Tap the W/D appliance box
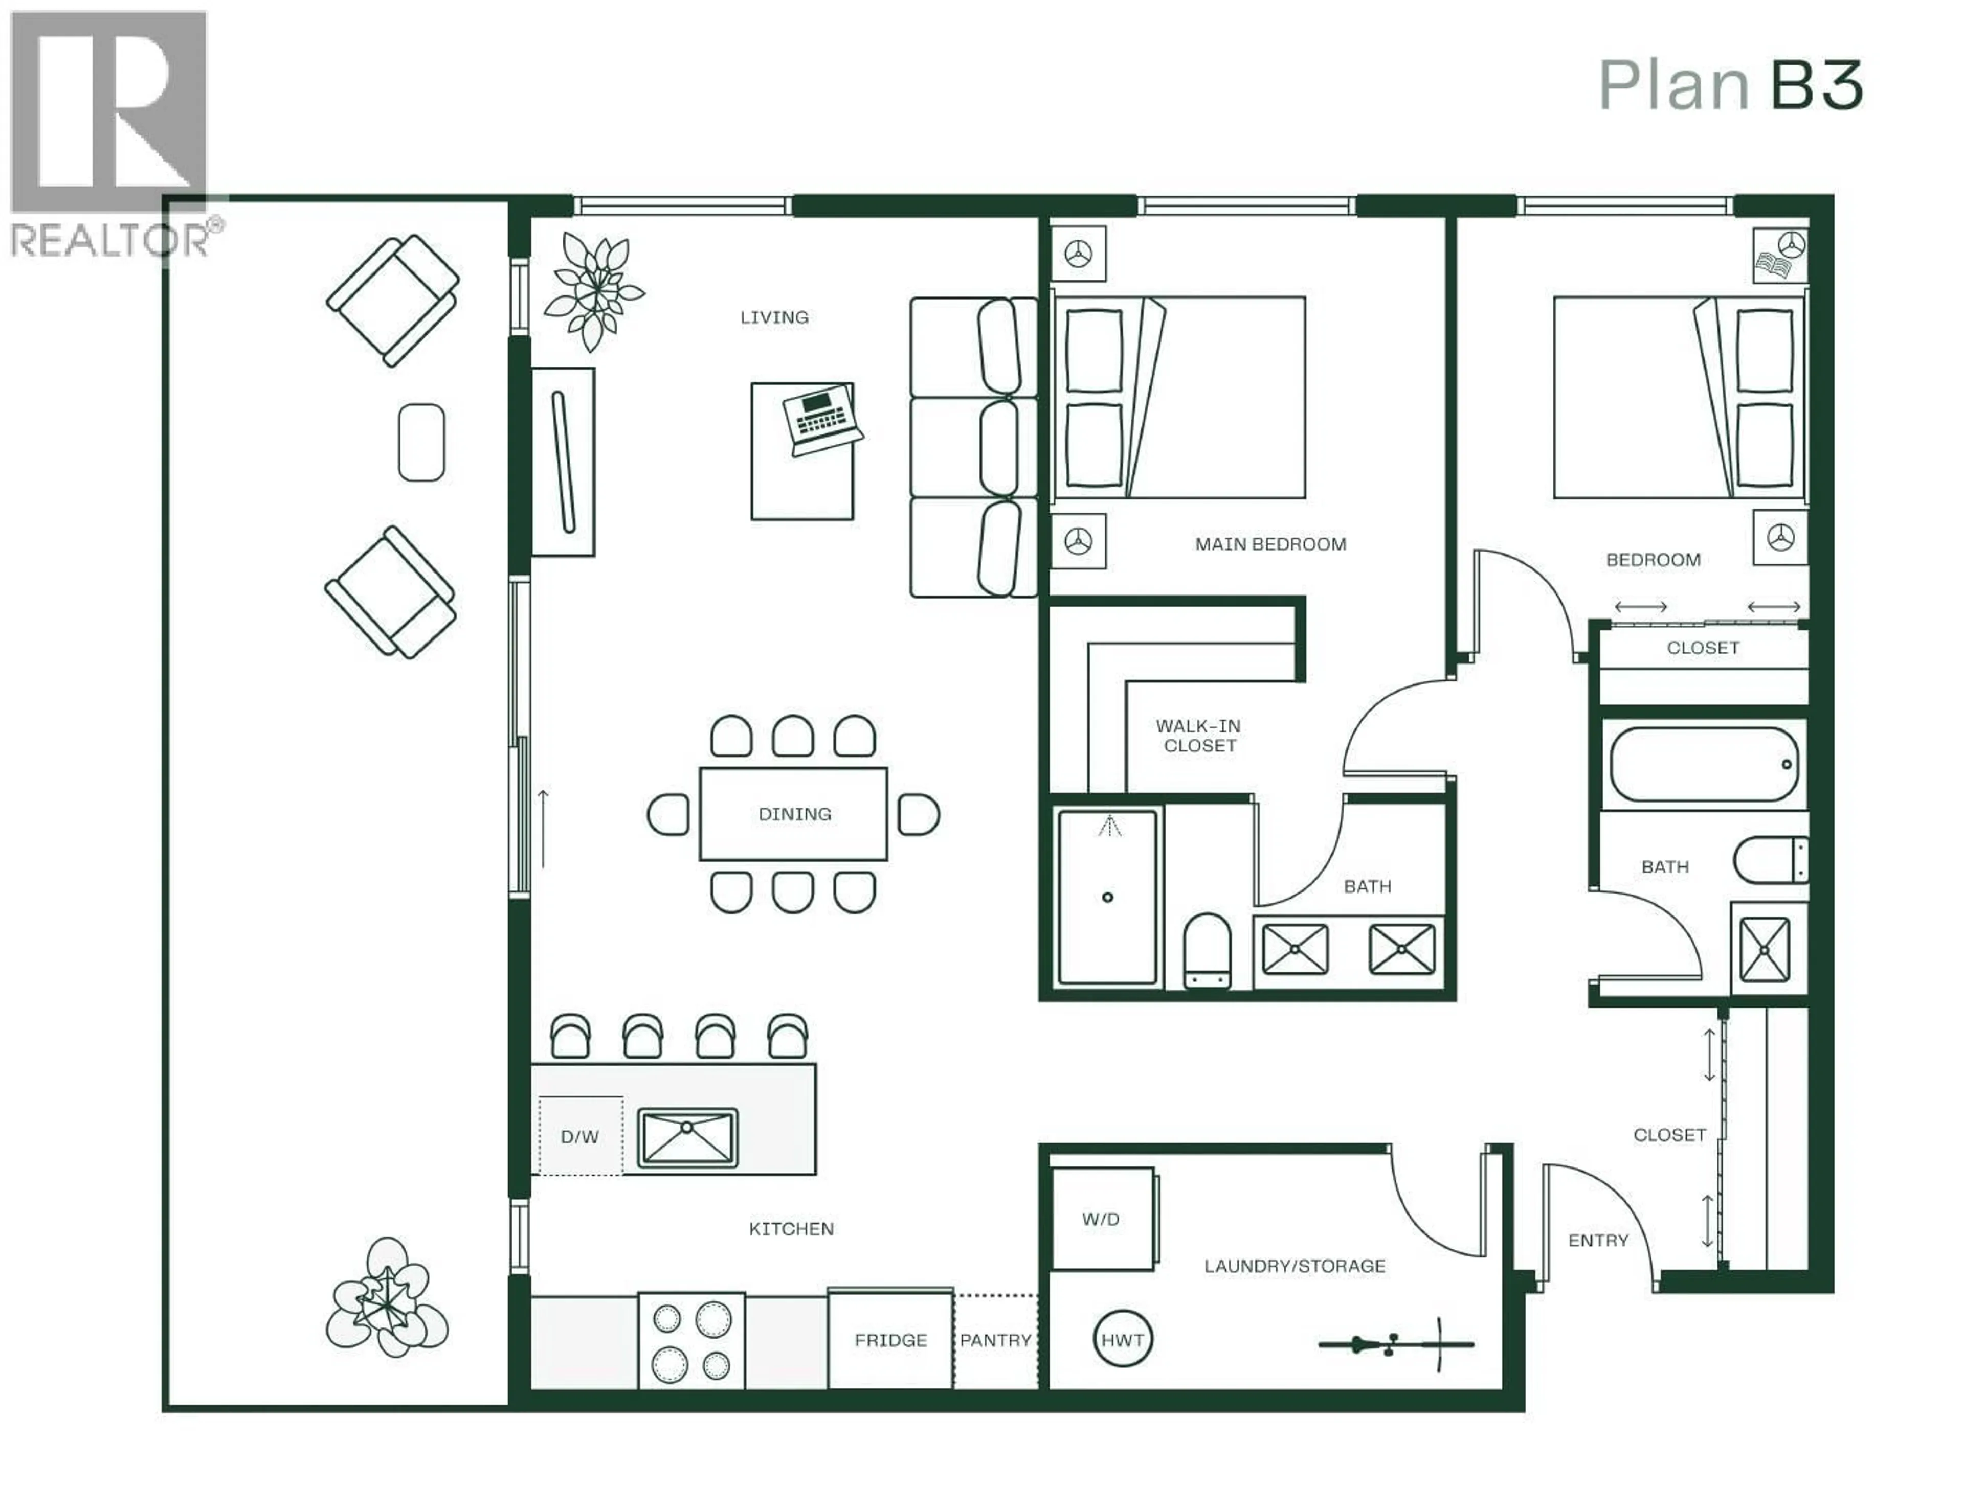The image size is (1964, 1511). point(1102,1219)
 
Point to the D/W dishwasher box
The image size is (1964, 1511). point(580,1136)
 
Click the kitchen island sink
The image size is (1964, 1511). point(688,1138)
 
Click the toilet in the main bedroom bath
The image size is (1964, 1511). point(1207,951)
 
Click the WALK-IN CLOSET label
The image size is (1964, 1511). point(1199,735)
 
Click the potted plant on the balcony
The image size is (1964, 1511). point(387,1296)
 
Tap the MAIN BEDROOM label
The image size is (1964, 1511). point(1270,544)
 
